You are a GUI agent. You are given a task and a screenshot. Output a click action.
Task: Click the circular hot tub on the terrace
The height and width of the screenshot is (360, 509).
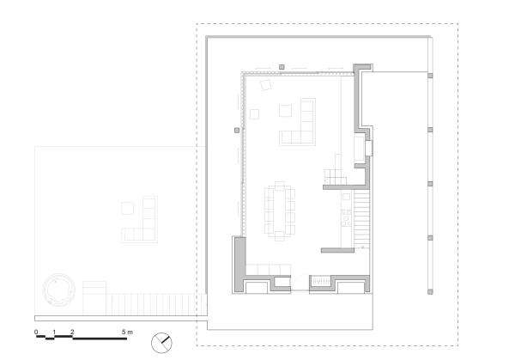click(x=58, y=290)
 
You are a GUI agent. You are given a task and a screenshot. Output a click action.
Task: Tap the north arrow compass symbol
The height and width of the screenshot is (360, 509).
click(x=161, y=343)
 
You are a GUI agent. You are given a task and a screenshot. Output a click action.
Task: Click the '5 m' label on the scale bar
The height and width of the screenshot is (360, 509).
click(x=127, y=332)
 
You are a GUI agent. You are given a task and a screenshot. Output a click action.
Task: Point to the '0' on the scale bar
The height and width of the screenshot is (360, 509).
click(x=36, y=332)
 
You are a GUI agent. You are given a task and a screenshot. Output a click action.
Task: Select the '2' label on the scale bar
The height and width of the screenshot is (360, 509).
click(x=72, y=332)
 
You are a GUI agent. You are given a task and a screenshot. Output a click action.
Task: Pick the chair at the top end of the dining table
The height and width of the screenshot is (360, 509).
click(x=280, y=186)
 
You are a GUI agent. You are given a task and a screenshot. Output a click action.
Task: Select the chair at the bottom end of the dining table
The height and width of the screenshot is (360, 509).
click(x=280, y=236)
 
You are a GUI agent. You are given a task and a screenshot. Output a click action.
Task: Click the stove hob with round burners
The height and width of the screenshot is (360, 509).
click(x=346, y=218)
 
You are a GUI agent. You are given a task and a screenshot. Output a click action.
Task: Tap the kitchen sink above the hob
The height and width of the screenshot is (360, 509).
click(x=347, y=197)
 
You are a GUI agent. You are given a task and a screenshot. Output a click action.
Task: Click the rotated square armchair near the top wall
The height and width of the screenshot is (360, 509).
click(x=266, y=85)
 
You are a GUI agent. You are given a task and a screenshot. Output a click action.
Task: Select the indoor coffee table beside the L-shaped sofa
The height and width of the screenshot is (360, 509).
click(x=285, y=111)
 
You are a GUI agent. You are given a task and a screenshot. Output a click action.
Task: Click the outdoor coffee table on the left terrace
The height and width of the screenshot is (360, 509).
click(x=128, y=208)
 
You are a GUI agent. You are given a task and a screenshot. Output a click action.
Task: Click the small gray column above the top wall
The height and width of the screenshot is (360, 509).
click(x=282, y=67)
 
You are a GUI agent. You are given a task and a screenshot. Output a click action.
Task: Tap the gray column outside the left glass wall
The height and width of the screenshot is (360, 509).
click(x=237, y=131)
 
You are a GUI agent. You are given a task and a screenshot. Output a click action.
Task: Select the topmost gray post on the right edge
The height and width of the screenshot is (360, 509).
click(x=430, y=76)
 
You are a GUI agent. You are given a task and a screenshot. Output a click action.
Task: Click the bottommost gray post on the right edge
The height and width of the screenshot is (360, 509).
click(x=430, y=292)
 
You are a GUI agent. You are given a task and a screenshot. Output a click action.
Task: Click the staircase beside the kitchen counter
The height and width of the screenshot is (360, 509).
click(x=361, y=220)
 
